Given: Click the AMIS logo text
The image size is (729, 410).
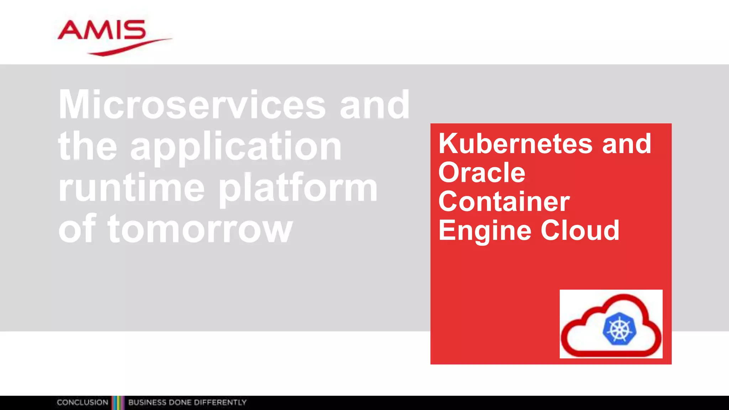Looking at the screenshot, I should click(x=102, y=30).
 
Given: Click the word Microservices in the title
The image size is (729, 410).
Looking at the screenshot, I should click(x=192, y=105).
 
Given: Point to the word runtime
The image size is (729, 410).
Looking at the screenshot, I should click(x=131, y=188).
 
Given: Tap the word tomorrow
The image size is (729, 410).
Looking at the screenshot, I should click(x=200, y=230).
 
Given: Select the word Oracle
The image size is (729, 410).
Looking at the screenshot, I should click(x=482, y=173).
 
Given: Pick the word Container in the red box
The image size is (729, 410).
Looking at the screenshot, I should click(x=504, y=201).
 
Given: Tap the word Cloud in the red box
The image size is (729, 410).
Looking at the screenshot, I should click(x=580, y=230).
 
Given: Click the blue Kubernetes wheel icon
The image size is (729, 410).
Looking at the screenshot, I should click(x=619, y=329).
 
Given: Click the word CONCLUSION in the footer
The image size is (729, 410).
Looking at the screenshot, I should click(x=82, y=403).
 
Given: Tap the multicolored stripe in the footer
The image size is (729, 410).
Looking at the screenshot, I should click(x=118, y=403).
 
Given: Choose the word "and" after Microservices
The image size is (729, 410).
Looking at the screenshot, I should click(x=374, y=105).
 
